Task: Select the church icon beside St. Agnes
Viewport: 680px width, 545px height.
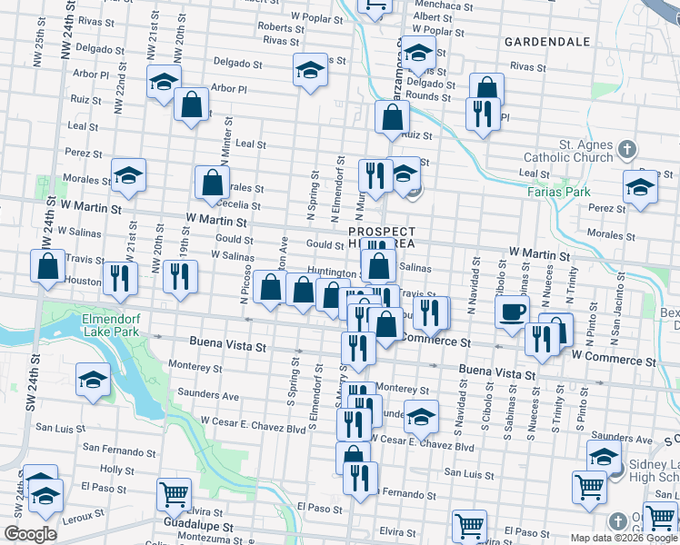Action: pos(626,148)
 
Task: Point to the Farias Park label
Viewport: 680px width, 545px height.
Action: pos(558,192)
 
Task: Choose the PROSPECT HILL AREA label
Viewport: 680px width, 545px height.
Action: pos(382,238)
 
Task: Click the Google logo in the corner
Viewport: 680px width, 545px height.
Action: pos(30,534)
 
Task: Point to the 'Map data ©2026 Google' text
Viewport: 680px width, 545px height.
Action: pos(623,538)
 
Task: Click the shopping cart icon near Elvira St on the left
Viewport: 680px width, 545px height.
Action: pos(174,494)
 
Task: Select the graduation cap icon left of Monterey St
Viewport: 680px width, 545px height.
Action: pos(92,381)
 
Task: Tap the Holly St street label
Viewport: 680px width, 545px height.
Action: pos(117,470)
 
